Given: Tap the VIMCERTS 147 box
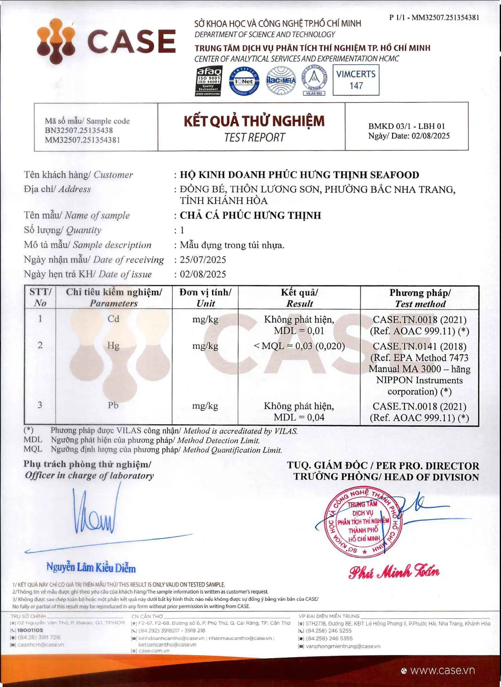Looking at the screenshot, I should (x=356, y=80).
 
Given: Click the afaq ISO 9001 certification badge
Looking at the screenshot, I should (x=208, y=81).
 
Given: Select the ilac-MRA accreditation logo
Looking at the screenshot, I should (x=281, y=81).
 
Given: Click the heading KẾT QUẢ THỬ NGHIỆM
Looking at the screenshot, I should (x=254, y=121).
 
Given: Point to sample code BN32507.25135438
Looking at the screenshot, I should (x=79, y=130).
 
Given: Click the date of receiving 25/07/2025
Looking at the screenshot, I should (x=203, y=260).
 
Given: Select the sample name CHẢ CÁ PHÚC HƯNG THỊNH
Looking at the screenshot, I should (x=250, y=215).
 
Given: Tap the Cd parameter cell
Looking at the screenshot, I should (x=113, y=319).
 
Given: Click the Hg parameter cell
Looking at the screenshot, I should (x=113, y=346).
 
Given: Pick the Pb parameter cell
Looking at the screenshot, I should (x=113, y=405).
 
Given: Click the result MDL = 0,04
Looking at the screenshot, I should (x=299, y=417).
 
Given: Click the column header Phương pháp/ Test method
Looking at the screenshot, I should (x=420, y=298).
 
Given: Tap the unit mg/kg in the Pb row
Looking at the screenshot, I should (x=205, y=406).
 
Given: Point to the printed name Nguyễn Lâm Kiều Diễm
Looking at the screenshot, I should (x=91, y=568).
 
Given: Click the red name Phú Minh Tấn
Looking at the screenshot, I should (x=394, y=572).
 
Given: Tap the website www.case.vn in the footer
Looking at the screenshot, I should (x=442, y=671).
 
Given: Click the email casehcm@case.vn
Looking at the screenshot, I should (x=41, y=645).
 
